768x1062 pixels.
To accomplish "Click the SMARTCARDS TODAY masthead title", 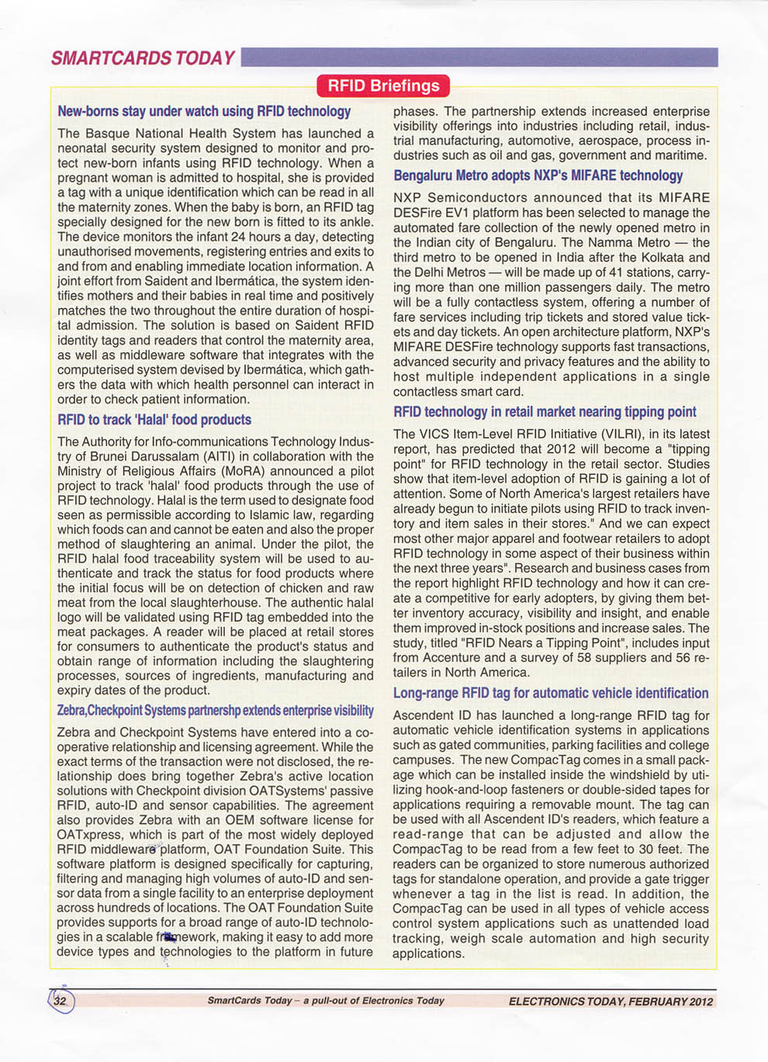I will click(143, 58).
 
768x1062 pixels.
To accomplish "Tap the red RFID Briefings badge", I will click(383, 85).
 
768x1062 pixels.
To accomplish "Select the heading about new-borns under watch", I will click(204, 112).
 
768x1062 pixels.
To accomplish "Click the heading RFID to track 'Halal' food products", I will click(154, 420).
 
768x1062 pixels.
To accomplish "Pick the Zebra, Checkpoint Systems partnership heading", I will click(215, 711).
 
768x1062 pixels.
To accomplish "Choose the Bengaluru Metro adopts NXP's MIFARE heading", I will click(538, 176).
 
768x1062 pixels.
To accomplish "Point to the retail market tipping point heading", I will click(545, 412).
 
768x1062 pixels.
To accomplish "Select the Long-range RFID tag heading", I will click(550, 694).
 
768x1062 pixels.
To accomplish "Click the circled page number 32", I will click(61, 1001).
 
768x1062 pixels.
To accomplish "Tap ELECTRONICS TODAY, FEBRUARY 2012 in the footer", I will click(611, 1001).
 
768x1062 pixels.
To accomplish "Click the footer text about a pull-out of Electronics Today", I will click(325, 1001).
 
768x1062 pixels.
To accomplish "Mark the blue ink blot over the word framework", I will click(168, 937).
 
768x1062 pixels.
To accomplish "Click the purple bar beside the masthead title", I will click(479, 57).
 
